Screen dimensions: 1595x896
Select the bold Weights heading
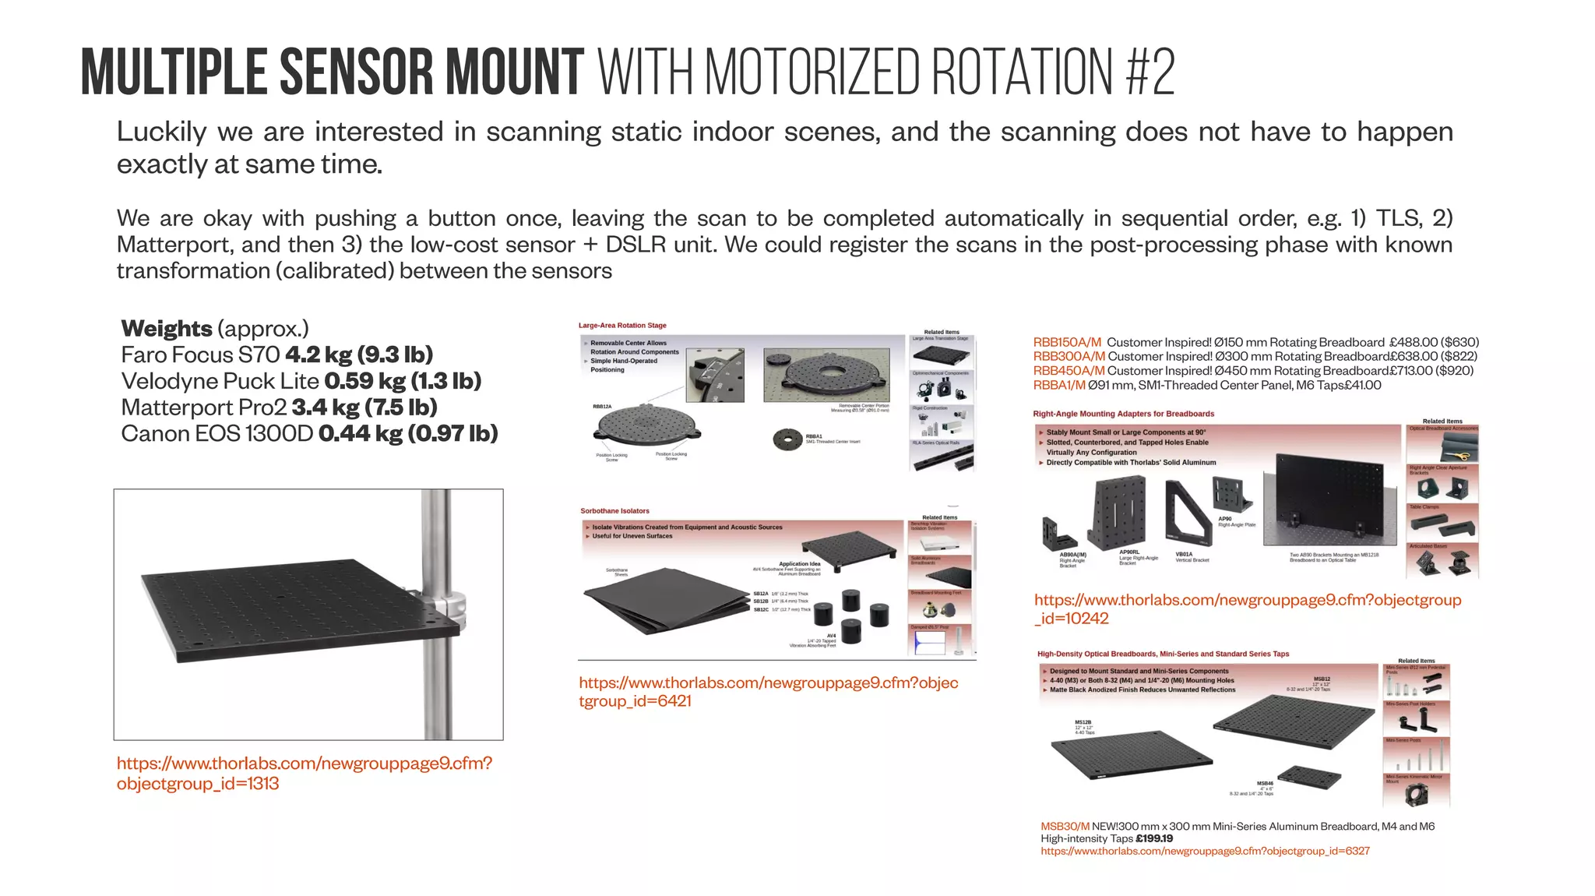coord(167,329)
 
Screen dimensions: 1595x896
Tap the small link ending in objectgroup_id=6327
coord(1205,852)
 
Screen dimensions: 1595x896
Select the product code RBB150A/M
coord(1067,342)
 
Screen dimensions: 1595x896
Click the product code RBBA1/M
coord(1058,385)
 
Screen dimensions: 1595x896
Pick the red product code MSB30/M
coord(1065,827)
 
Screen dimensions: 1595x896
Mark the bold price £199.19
coord(1154,839)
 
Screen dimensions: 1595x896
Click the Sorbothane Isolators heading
coord(614,511)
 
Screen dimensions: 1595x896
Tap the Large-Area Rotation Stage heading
coord(622,326)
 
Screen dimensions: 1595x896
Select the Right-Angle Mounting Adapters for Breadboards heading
coord(1123,414)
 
